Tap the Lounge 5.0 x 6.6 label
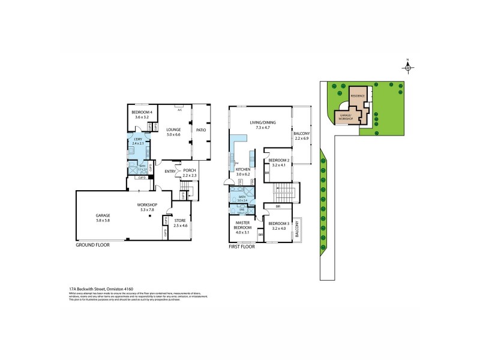[173, 132]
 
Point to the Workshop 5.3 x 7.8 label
[148, 208]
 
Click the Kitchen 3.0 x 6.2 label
[242, 172]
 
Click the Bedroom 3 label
[280, 226]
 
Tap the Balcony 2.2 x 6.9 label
[301, 136]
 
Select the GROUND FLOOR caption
[92, 245]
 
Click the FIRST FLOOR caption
[242, 247]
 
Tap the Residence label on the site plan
[358, 96]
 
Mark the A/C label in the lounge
[179, 110]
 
